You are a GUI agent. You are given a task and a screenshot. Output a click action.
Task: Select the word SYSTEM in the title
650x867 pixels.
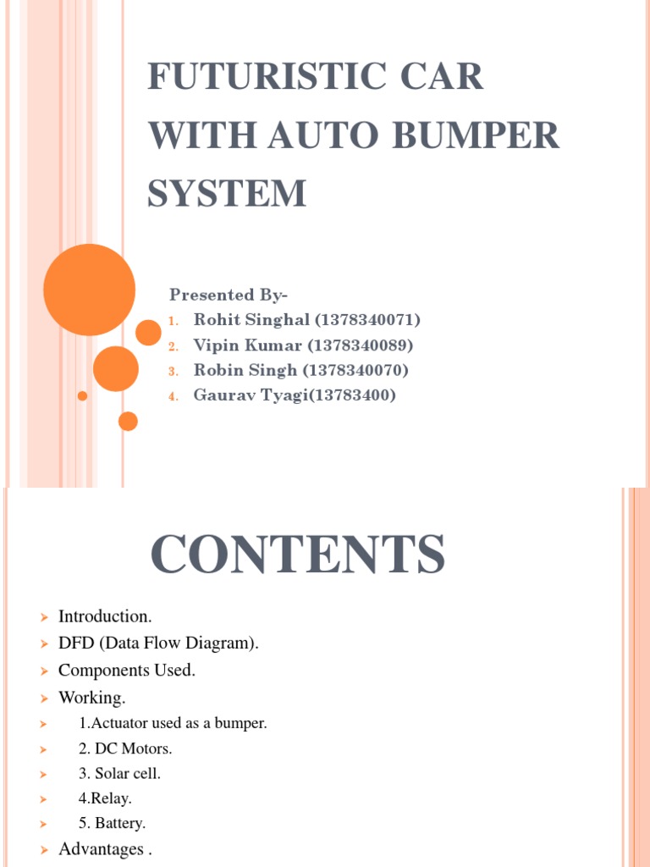pos(227,193)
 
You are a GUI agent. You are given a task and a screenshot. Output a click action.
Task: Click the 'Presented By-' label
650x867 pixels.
pos(229,295)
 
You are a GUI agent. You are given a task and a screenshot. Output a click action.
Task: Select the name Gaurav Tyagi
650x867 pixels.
pos(246,395)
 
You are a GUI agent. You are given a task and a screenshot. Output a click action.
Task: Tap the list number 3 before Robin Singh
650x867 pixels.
pos(172,371)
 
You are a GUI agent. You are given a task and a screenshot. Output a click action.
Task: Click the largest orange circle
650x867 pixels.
pos(89,290)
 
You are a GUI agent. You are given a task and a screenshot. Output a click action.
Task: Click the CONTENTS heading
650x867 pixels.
pos(298,555)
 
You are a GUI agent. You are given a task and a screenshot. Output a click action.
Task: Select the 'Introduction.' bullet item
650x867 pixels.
pos(105,616)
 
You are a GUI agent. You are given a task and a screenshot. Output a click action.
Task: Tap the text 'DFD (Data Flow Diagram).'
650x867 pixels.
pos(158,643)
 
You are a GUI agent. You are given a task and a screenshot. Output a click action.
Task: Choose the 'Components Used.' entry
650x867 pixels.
pos(127,671)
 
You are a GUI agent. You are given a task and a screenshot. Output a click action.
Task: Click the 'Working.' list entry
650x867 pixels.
pos(92,698)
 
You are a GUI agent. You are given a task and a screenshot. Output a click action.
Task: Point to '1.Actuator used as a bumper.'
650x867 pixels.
pos(173,724)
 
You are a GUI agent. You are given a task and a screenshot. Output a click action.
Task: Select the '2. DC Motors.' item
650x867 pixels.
pos(125,748)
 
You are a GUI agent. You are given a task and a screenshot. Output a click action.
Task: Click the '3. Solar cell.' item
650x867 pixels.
pos(119,773)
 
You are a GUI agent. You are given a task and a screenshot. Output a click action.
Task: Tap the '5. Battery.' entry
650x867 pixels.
pos(113,822)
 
